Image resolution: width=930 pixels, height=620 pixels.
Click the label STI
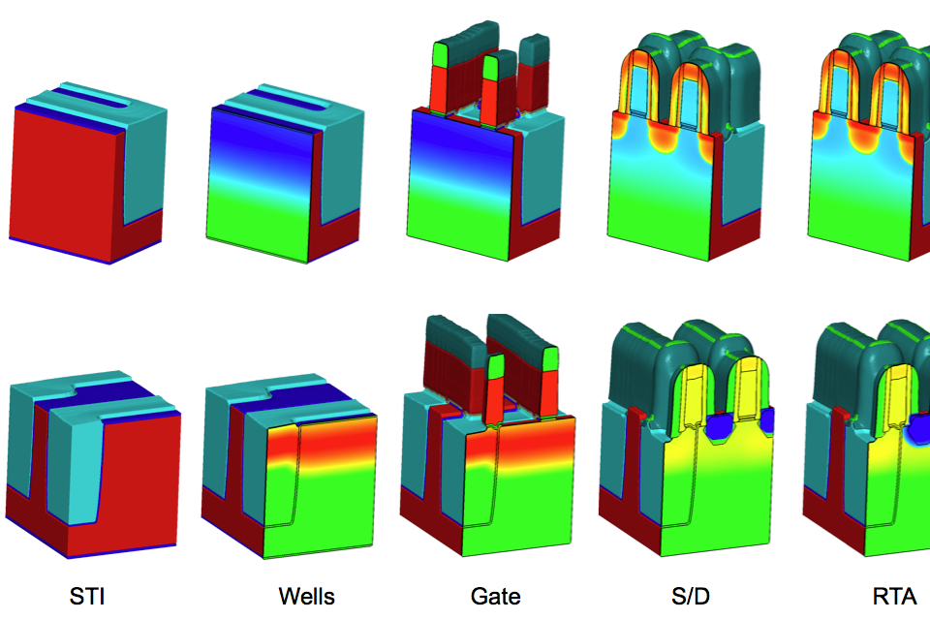tap(87, 596)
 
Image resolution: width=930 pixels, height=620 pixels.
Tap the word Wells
tap(307, 596)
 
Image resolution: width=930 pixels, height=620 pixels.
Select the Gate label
tap(496, 596)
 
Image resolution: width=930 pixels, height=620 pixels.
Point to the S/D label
tap(691, 596)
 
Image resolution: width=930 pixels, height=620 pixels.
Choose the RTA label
tap(894, 596)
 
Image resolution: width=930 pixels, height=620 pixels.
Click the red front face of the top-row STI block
tap(65, 184)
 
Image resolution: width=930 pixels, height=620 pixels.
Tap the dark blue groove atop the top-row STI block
tap(89, 99)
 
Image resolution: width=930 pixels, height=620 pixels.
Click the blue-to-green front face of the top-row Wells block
tap(261, 184)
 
